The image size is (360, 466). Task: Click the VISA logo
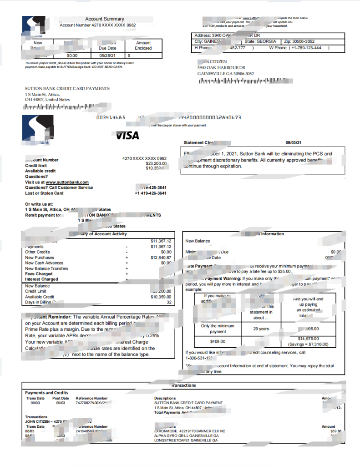[127, 136]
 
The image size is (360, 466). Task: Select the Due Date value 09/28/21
[107, 55]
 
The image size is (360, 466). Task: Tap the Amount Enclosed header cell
[143, 45]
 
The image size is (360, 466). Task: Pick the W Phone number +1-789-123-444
[303, 48]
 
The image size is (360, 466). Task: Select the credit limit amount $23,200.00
[156, 163]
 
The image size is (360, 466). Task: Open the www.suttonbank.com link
[67, 182]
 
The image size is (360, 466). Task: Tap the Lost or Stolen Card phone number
[151, 193]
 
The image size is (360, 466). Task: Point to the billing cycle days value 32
[169, 302]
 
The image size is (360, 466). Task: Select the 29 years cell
[261, 329]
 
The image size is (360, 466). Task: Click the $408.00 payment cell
[218, 341]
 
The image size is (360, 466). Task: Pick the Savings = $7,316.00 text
[308, 344]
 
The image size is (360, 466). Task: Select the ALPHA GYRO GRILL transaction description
[186, 436]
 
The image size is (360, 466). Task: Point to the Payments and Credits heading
[46, 393]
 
